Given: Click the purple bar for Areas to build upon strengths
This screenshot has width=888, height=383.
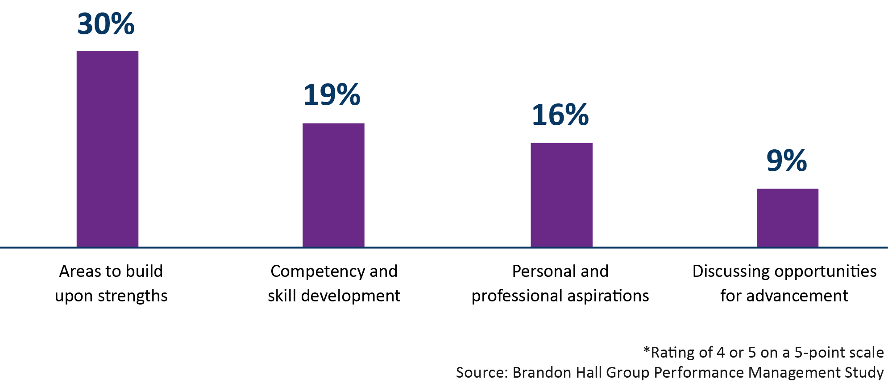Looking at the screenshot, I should click(107, 149).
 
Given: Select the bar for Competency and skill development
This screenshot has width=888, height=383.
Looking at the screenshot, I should click(333, 185).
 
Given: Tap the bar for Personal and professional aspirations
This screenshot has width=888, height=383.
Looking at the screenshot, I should click(561, 195).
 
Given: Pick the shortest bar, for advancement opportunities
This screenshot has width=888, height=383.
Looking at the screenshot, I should click(787, 218).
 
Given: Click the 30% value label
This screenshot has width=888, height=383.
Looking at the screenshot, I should click(106, 24).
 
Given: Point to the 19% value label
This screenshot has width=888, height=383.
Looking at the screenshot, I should click(332, 95).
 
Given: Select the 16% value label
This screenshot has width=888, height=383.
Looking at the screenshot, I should click(560, 115).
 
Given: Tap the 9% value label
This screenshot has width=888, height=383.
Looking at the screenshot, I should click(786, 161).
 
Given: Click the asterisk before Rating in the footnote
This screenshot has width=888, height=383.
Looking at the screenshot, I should click(647, 350).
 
